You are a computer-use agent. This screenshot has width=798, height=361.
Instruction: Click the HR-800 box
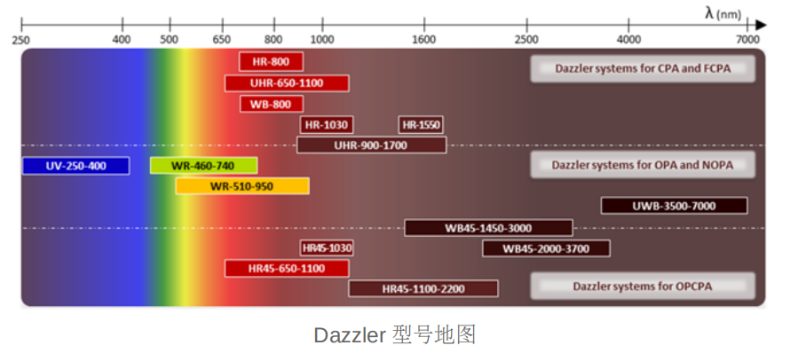tap(271, 61)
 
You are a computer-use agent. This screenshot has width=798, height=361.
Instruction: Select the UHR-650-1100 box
tap(286, 82)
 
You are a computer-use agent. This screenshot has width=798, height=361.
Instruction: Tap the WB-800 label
tap(271, 104)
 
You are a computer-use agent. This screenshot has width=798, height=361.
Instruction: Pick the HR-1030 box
tap(325, 125)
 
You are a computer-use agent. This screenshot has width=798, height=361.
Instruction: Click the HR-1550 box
tap(421, 125)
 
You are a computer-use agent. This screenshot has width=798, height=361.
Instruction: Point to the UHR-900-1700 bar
tap(371, 145)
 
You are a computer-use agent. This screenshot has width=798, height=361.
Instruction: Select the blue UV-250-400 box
tap(75, 166)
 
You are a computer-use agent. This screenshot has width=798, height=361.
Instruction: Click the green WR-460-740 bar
tap(203, 166)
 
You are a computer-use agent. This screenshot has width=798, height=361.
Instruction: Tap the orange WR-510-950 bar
tap(242, 186)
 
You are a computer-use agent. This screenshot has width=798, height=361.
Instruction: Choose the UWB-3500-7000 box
tap(674, 206)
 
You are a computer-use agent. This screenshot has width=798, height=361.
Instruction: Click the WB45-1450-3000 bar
tap(488, 228)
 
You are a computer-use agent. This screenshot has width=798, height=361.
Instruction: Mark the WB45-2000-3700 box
tap(546, 248)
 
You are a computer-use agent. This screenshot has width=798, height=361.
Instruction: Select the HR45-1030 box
tap(327, 248)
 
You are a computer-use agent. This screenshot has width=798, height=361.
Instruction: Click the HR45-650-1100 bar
tap(286, 268)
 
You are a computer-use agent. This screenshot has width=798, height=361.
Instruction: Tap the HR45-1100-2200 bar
tap(423, 288)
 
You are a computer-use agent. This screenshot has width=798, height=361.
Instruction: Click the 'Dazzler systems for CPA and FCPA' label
tap(643, 68)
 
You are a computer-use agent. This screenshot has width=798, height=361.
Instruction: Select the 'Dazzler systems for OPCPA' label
tap(643, 286)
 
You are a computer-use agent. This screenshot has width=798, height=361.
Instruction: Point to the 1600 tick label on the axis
tap(424, 39)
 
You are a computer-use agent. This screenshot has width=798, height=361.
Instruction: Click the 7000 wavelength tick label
tap(748, 39)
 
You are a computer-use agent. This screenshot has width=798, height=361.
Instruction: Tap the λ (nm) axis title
tap(724, 12)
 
